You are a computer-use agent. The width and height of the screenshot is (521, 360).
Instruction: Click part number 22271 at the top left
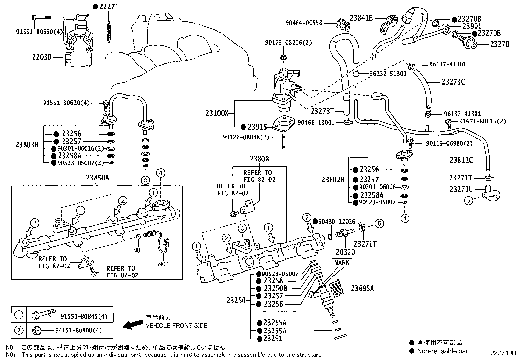[109, 7]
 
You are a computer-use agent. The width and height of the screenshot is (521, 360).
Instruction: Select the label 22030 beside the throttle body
[42, 57]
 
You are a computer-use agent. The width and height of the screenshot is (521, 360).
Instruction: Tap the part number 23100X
[217, 113]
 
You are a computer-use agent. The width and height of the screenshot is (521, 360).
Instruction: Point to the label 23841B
[361, 18]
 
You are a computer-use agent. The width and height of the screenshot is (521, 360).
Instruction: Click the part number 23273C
[453, 82]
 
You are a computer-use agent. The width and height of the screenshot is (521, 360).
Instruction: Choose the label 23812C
[461, 160]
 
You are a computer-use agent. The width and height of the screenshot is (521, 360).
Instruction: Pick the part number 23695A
[363, 289]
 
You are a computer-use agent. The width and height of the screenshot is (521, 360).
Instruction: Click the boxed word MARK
[342, 263]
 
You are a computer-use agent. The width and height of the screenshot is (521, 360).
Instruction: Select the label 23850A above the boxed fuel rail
[98, 178]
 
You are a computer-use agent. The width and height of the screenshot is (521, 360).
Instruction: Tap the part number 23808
[260, 159]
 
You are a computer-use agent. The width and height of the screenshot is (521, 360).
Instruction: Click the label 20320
[346, 252]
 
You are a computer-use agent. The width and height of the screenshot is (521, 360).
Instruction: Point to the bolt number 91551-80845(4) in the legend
[84, 316]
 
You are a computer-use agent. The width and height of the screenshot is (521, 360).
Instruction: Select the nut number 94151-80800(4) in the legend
[79, 330]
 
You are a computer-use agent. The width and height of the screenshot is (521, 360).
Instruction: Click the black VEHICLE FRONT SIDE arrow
[133, 324]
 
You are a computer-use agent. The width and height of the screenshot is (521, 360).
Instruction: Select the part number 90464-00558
[304, 23]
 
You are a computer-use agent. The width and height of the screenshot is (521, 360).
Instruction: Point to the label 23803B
[27, 144]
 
